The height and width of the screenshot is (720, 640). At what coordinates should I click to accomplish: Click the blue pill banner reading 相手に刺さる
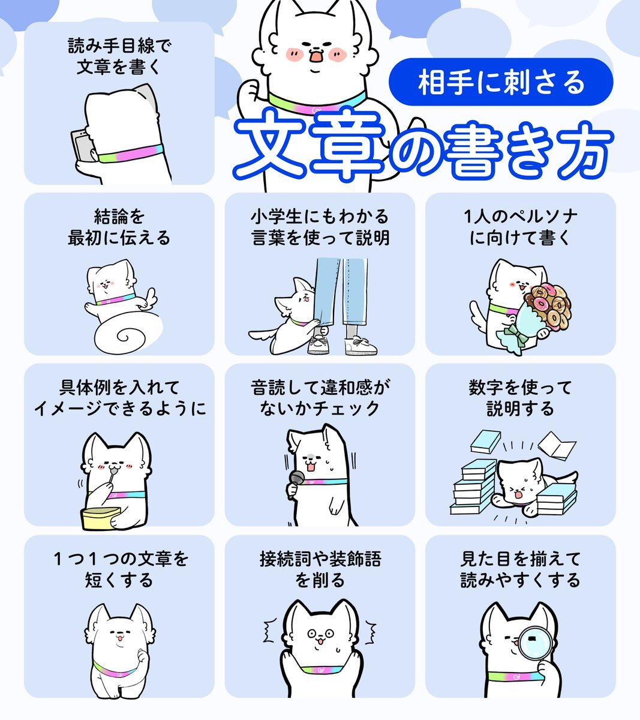(501, 82)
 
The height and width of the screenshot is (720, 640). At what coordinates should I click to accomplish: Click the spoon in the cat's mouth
(112, 475)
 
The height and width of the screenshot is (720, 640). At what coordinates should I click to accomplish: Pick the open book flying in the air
(556, 446)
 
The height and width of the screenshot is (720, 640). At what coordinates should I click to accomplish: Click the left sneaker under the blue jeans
(319, 345)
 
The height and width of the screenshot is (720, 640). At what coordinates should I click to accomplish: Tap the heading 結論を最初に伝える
(119, 227)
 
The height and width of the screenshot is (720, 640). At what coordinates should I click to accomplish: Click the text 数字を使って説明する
(520, 398)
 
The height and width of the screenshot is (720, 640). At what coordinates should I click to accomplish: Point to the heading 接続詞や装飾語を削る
(320, 569)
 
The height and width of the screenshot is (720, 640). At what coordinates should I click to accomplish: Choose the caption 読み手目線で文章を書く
(119, 56)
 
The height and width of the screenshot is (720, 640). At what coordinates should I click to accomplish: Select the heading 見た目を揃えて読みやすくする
(520, 569)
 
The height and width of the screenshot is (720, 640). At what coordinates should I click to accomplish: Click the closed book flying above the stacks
(485, 442)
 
